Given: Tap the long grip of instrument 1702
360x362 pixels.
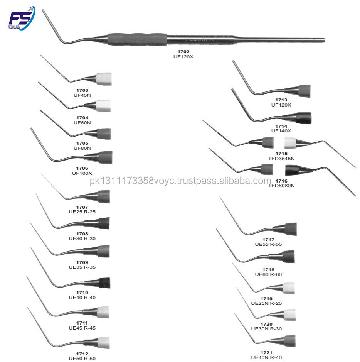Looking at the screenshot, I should pos(137,39).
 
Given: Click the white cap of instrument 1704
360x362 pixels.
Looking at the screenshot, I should pos(103,105).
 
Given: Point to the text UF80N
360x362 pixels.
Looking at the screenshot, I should pos(82,148).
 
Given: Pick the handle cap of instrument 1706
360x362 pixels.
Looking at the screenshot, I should pos(105,157).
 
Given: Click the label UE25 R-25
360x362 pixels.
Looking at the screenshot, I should pos(82,212).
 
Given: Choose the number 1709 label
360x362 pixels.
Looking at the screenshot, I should pos(82,262).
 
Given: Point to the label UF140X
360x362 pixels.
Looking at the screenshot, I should pos(281,131).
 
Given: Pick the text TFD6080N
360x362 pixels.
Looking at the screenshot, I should pos(281,186).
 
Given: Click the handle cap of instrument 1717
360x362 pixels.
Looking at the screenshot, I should pos(290,229).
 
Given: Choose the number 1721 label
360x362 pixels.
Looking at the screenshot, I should pos(266,353).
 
